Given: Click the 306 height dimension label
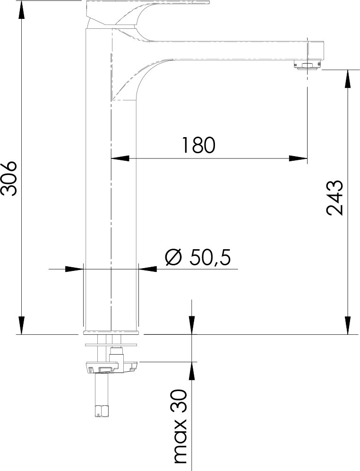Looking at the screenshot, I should point(9,178).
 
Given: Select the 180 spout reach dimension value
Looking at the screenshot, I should point(198,145).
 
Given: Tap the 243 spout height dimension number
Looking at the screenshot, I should point(335,198).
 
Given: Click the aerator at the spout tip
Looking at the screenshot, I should point(308,65).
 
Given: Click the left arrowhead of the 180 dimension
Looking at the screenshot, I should point(120,158).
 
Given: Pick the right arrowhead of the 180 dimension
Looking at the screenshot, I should point(299,158).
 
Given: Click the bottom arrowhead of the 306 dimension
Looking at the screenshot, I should point(21,325).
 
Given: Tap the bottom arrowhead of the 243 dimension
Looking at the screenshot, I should point(348,325).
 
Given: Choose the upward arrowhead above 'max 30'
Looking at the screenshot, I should point(192,372).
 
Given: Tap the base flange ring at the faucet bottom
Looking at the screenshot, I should point(111,331).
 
